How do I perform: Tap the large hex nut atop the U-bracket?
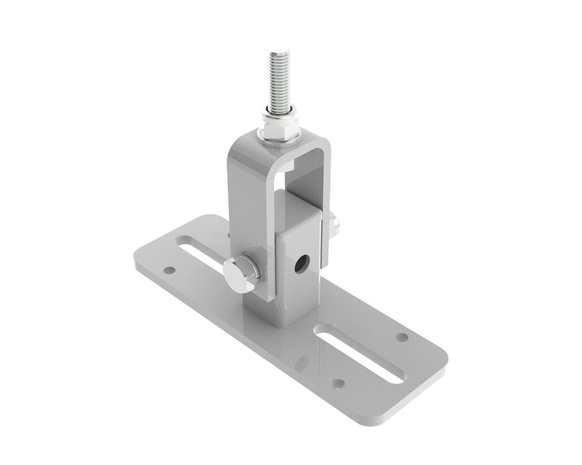279,132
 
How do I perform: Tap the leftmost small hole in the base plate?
169,271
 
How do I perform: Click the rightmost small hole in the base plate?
401,337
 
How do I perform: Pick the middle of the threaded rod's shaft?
279,81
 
